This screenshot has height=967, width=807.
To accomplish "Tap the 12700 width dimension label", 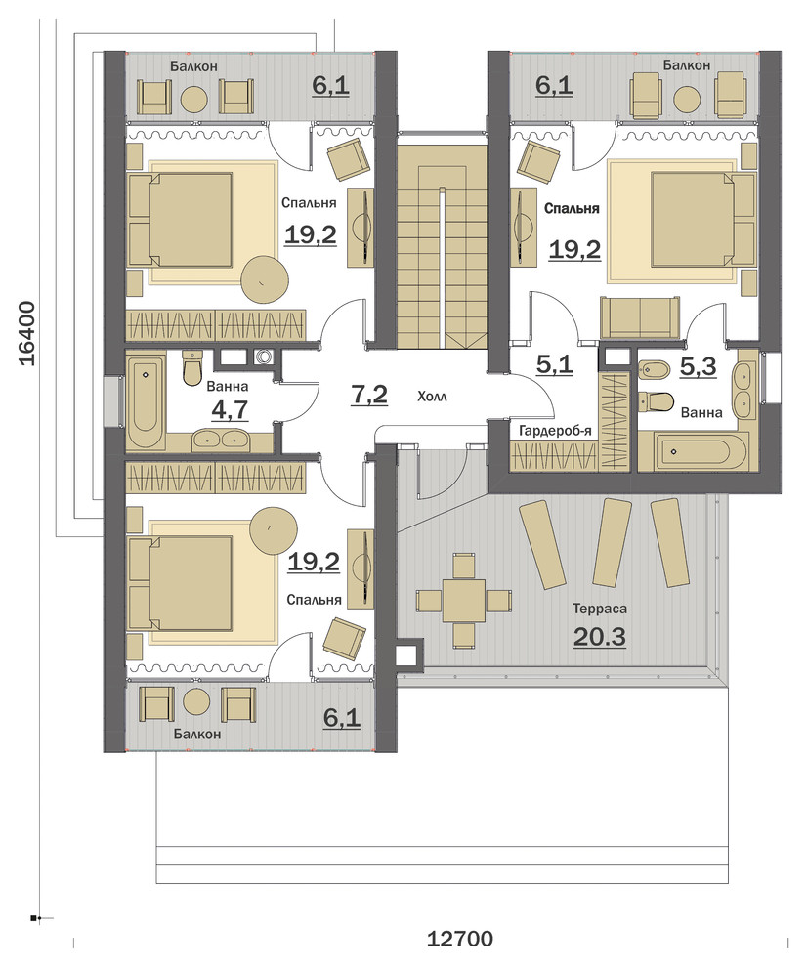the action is tap(459, 940).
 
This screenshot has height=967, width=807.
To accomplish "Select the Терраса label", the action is tap(600, 610).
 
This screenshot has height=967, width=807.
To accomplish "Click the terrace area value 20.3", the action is tap(600, 637).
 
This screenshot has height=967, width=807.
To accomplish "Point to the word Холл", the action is tap(432, 397).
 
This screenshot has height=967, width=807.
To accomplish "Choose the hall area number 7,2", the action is tap(369, 394).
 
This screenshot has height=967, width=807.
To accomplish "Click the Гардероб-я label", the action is tap(555, 431).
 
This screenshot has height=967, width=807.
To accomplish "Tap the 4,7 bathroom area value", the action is tap(230, 409).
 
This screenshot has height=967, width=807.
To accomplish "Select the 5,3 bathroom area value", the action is tap(698, 367).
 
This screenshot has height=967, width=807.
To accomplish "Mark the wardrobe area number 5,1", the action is tap(554, 364).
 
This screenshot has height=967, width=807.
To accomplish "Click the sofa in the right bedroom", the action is tap(641, 317).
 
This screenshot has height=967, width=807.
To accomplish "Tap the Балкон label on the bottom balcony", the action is tap(196, 734).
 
